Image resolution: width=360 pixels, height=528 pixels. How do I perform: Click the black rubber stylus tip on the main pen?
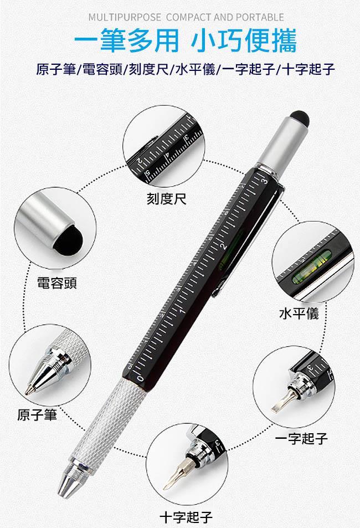299,118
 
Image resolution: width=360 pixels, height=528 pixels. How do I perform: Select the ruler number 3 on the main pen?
265,181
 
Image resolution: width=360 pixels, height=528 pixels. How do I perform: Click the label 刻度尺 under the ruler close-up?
167,199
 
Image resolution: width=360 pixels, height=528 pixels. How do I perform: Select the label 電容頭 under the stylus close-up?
57,283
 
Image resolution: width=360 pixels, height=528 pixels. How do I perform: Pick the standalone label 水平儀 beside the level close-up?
299,313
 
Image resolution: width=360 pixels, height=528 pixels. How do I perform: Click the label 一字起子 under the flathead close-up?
301,438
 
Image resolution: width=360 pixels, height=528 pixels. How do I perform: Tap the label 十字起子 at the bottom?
186,516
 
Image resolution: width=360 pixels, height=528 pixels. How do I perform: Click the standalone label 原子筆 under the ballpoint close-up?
37,414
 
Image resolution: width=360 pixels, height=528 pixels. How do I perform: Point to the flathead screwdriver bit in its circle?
281,401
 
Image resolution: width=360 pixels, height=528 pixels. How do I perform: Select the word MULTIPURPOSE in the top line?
125,17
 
